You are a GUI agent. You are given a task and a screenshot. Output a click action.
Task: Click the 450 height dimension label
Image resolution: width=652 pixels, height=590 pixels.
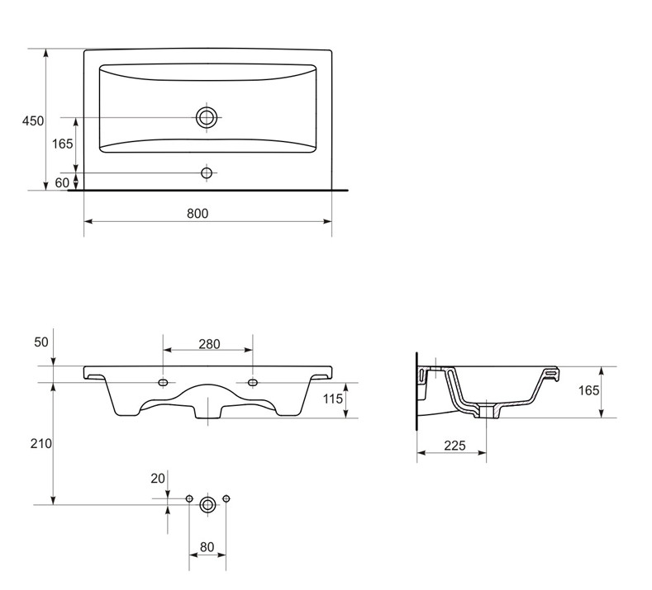coord(33,120)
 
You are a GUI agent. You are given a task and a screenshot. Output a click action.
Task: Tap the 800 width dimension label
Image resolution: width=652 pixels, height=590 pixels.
coord(198,214)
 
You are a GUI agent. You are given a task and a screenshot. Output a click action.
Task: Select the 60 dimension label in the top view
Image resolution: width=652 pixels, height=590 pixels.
coord(62,182)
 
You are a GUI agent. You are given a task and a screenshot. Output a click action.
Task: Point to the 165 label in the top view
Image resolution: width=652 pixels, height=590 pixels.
coord(62,144)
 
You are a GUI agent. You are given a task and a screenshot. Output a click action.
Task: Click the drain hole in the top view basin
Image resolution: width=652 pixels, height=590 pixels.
coord(207,118)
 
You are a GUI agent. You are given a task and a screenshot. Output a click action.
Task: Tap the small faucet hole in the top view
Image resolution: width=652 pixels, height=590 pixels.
coord(207,172)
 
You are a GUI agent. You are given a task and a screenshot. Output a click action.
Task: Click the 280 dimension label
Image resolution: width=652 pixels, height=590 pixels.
coord(209,344)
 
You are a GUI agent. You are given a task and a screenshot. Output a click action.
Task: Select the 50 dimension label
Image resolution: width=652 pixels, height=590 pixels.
coord(41,342)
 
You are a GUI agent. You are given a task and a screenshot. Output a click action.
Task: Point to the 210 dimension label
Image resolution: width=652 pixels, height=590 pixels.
coord(41,443)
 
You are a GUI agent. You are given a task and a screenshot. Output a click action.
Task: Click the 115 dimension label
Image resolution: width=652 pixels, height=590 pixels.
coord(333,399)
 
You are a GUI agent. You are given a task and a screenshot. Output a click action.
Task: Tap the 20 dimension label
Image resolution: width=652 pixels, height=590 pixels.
coord(158,479)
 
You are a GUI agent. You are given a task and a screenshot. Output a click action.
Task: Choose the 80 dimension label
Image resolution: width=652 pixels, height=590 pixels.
coord(207,547)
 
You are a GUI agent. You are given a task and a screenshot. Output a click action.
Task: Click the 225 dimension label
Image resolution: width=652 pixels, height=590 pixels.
coord(454,446)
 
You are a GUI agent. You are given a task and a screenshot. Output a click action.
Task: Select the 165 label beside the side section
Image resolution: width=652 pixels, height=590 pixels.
coord(589,390)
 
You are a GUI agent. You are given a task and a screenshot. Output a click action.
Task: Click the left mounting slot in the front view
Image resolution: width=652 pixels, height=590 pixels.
coord(164,382)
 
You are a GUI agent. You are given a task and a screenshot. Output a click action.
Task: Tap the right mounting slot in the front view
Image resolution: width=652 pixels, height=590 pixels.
coord(252,382)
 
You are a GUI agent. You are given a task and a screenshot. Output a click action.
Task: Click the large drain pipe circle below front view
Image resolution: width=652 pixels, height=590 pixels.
coord(207,505)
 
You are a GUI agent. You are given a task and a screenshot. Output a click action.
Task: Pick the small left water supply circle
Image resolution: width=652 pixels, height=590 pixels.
coord(189,498)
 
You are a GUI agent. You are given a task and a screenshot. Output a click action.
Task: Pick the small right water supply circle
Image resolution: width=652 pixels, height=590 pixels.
coord(226,498)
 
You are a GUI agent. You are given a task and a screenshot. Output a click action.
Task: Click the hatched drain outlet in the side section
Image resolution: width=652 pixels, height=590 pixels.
coord(487,412)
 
